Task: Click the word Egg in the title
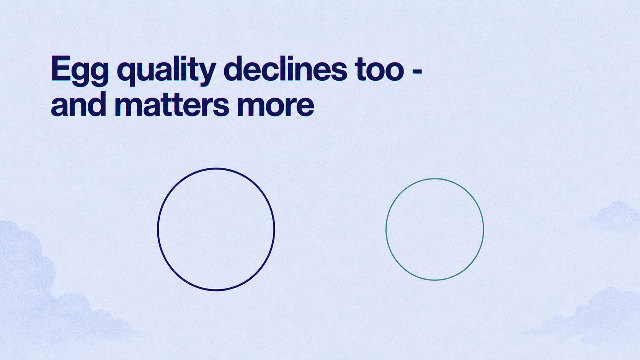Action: [80, 71]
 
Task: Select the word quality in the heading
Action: [167, 71]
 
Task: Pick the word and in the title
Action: [78, 104]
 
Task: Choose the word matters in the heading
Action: [172, 105]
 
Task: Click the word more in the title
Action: [276, 107]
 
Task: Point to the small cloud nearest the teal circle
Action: [614, 217]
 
